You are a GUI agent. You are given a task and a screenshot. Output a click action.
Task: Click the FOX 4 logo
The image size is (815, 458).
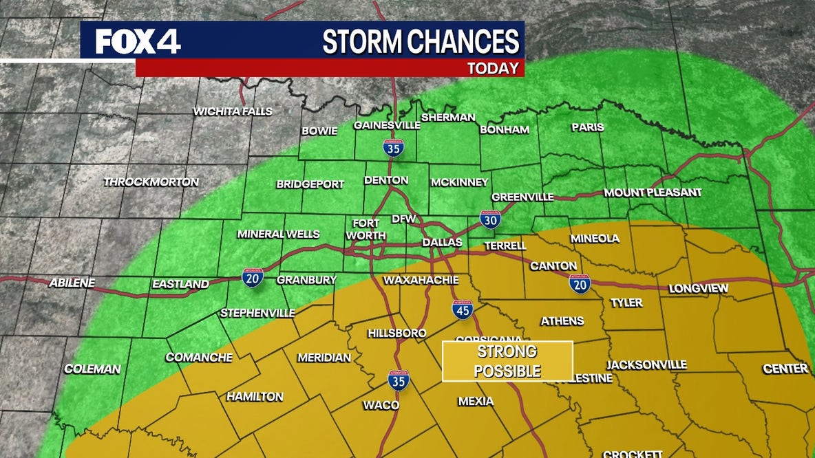coord(138,42)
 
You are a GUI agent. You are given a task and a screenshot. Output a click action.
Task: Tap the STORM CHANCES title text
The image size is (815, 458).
coord(421,42)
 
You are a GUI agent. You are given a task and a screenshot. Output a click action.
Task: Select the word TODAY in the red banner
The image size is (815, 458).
coord(493,68)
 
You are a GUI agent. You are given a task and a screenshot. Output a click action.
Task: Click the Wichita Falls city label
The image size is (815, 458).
coord(233,111)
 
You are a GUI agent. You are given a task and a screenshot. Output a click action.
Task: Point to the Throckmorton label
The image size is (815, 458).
coord(151,182)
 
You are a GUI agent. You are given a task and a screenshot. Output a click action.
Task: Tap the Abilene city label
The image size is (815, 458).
coord(72,283)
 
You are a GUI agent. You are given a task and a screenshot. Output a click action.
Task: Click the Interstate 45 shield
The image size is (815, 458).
coord(463,309)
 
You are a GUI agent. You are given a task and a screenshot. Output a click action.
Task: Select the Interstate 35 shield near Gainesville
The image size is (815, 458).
coord(393,148)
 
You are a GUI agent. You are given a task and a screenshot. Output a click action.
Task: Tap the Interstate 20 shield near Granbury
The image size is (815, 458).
coord(253,278)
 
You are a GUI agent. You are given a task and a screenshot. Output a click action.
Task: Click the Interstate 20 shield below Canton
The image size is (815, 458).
coord(580,283)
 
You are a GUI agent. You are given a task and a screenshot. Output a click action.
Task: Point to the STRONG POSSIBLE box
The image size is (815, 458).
coord(507,361)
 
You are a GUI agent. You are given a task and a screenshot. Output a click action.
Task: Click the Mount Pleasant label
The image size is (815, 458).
coord(653,193)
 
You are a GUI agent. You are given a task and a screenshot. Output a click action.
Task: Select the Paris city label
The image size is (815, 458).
coord(587,127)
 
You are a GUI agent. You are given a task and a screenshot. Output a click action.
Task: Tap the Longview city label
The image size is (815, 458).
coord(698,289)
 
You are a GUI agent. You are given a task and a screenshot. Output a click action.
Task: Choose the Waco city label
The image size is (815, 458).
coord(381,405)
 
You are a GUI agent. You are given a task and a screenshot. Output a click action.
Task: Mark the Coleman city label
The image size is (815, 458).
coord(92,369)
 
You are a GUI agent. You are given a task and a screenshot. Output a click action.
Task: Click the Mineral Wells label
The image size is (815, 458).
coord(278,234)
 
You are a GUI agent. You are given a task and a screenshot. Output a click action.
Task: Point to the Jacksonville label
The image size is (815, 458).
coord(646,364)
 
